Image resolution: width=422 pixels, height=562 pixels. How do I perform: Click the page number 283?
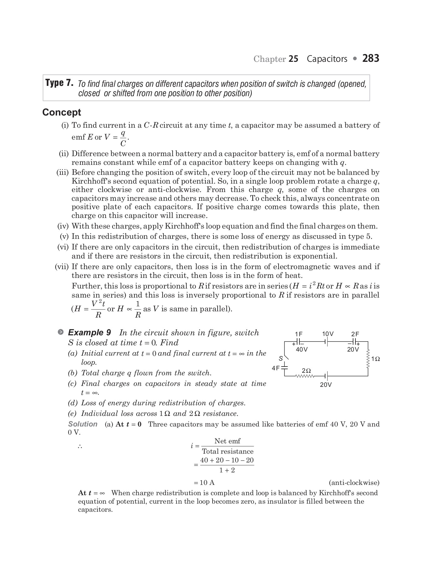(371, 58)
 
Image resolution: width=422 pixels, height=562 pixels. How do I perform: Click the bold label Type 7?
(59, 83)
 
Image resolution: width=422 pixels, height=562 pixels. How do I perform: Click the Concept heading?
(62, 112)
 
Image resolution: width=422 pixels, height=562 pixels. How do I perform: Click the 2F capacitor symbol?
(355, 342)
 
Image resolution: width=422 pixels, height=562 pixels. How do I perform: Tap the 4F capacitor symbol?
(284, 367)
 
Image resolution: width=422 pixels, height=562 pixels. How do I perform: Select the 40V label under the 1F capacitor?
(302, 349)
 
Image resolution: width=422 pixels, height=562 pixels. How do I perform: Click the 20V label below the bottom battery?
(326, 385)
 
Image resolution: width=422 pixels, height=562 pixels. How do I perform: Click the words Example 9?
(89, 333)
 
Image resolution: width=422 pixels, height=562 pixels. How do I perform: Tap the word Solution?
(83, 424)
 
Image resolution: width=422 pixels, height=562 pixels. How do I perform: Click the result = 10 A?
(204, 483)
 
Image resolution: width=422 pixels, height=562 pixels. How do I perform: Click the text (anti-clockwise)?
(354, 483)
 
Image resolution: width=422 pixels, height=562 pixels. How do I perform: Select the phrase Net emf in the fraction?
(227, 441)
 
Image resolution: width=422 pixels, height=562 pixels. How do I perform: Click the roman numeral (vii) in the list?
(62, 267)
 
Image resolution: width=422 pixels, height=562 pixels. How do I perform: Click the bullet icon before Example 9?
(61, 332)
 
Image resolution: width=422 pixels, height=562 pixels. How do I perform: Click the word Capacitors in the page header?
(327, 59)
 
